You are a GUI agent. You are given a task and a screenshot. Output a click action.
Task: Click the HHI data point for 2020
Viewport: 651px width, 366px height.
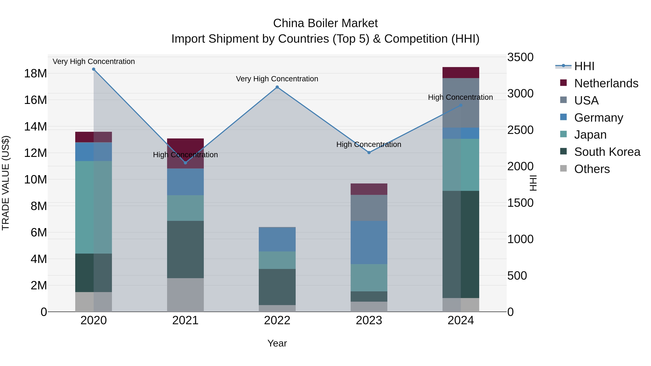pyautogui.click(x=93, y=69)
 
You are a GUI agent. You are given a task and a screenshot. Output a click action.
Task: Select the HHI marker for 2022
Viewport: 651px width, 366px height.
pyautogui.click(x=277, y=87)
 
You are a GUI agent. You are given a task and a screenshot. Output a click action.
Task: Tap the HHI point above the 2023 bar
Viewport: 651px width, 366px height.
pyautogui.click(x=369, y=153)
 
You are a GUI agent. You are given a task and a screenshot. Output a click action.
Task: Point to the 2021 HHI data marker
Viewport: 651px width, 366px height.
pyautogui.click(x=185, y=163)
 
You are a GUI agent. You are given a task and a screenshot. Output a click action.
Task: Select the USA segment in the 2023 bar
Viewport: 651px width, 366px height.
pyautogui.click(x=369, y=208)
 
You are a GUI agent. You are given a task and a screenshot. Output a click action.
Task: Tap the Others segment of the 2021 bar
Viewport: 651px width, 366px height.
pyautogui.click(x=185, y=295)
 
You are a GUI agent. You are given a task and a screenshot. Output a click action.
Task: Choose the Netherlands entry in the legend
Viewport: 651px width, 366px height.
pyautogui.click(x=606, y=83)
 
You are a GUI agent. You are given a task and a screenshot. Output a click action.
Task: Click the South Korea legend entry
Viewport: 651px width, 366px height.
pyautogui.click(x=607, y=152)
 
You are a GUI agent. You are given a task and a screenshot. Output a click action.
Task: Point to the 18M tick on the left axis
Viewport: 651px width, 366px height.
pyautogui.click(x=35, y=74)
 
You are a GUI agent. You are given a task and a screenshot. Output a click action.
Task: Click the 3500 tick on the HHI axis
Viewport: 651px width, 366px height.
pyautogui.click(x=520, y=57)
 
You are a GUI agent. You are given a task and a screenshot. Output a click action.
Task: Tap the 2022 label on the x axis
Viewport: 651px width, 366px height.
pyautogui.click(x=277, y=320)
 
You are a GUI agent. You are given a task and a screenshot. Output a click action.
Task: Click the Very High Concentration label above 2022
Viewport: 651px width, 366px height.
pyautogui.click(x=277, y=79)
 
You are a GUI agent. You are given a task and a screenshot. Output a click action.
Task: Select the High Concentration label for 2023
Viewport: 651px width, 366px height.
pyautogui.click(x=369, y=144)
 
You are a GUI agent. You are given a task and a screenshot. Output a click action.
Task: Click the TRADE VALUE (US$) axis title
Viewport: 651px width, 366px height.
pyautogui.click(x=6, y=183)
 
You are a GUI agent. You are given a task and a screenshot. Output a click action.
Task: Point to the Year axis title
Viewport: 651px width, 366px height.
pyautogui.click(x=277, y=343)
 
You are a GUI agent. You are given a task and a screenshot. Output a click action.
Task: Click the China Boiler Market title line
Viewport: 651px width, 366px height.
pyautogui.click(x=325, y=23)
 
